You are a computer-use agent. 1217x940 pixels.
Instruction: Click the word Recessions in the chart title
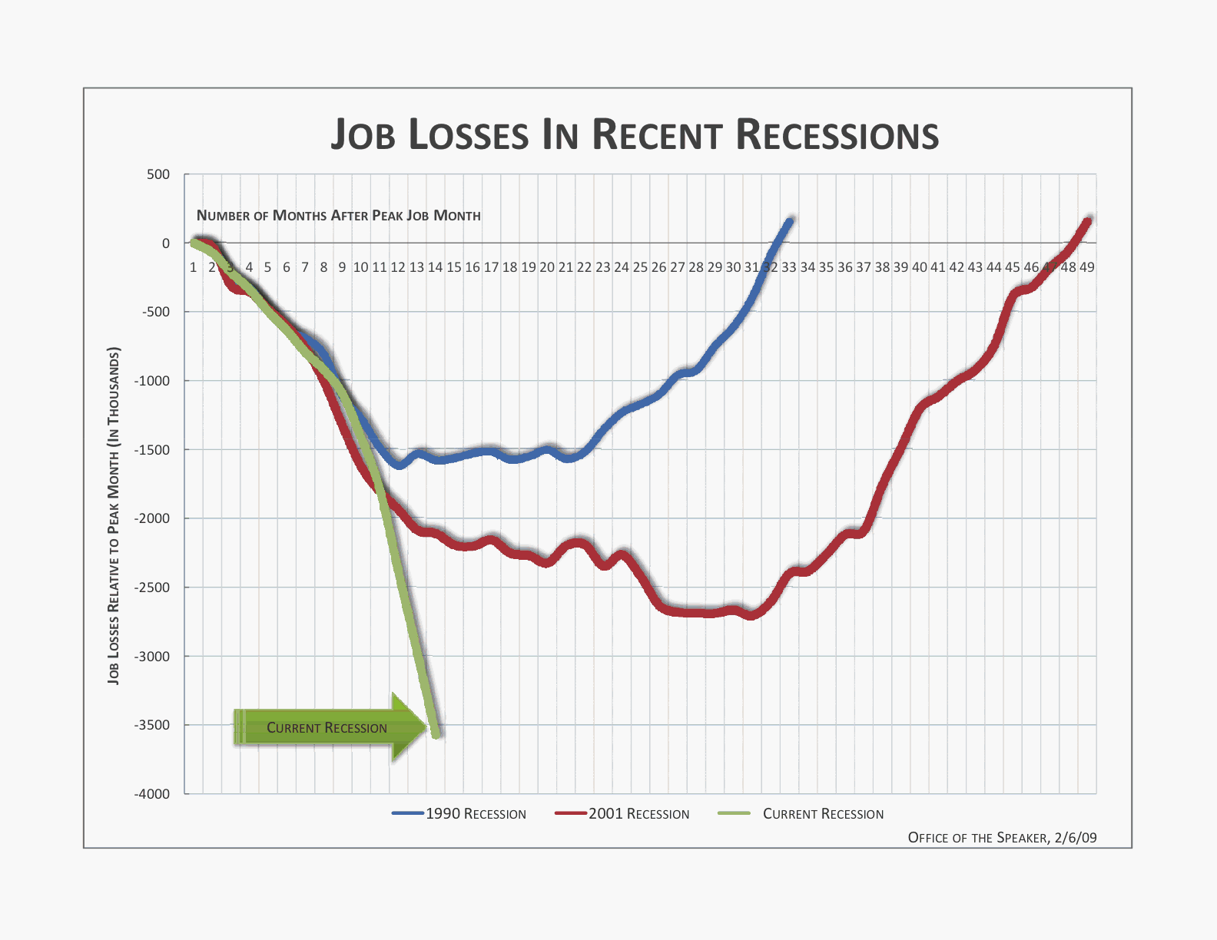[837, 135]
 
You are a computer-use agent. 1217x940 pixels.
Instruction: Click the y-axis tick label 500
[158, 174]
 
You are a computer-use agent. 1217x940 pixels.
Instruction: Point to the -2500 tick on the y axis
[152, 587]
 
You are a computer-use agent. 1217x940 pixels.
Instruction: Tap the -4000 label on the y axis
[152, 794]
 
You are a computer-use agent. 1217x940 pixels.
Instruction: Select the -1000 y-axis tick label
[152, 381]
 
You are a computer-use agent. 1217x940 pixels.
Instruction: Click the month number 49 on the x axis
[1086, 267]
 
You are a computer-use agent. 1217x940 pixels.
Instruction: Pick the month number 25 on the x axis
[640, 267]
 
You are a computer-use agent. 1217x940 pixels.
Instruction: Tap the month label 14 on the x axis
[435, 267]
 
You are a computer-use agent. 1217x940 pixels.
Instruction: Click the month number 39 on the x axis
[900, 267]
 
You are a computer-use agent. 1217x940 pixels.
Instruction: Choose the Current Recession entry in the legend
[822, 814]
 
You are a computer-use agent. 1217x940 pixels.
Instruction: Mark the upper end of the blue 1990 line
[789, 222]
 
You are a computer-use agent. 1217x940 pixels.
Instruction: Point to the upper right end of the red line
[1087, 222]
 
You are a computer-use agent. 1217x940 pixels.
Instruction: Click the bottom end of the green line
[436, 733]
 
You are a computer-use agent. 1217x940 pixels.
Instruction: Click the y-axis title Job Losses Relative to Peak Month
[114, 516]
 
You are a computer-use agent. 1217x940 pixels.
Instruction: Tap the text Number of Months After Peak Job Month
[338, 216]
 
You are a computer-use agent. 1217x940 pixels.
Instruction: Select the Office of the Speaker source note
[1002, 837]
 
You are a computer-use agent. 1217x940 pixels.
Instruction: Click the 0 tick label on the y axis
[166, 243]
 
